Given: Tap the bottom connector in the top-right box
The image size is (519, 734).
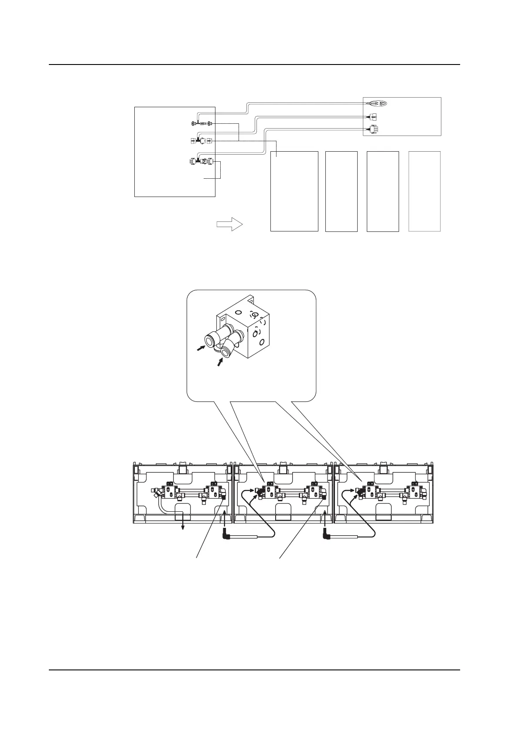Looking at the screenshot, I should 373,129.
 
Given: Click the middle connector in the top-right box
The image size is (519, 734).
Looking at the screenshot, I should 372,117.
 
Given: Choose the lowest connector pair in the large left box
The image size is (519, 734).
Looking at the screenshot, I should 201,161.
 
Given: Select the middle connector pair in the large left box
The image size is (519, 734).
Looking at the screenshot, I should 201,140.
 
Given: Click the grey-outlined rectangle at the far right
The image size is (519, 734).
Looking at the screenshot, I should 424,191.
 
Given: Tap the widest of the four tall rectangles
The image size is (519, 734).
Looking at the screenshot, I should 294,191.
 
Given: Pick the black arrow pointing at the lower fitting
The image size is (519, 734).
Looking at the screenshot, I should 221,362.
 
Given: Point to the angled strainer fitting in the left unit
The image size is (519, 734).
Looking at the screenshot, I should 157,493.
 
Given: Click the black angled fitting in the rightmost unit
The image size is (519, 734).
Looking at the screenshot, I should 360,492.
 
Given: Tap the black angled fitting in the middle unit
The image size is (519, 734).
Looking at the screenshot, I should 260,492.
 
